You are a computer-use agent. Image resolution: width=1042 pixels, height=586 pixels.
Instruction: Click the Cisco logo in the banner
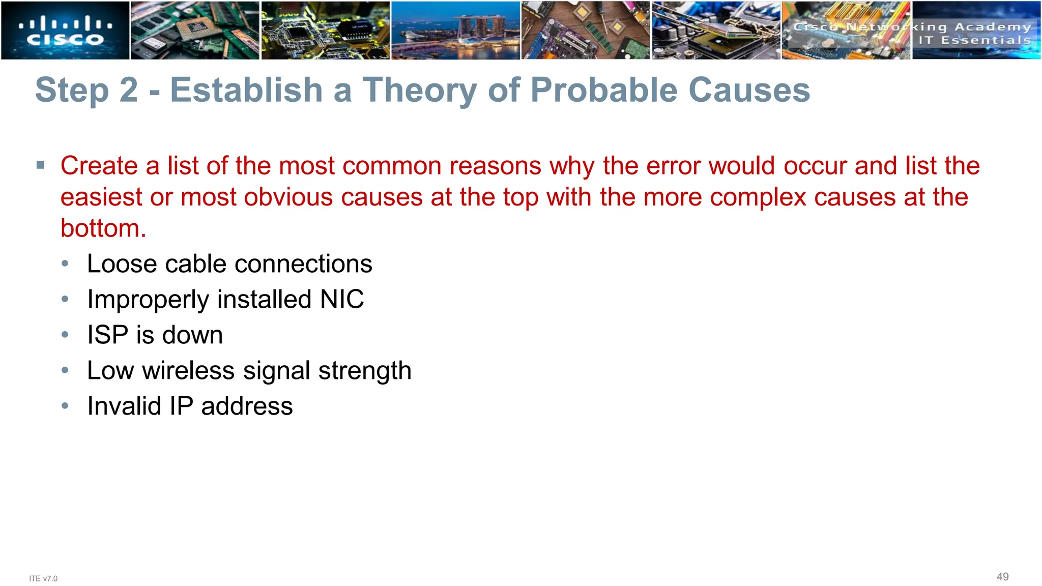click(65, 31)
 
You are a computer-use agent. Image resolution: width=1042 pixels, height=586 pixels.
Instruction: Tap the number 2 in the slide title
click(128, 90)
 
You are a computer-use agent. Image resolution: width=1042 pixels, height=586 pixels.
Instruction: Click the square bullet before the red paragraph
click(41, 165)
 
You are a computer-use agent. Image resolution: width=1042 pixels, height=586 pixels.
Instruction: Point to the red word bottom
click(103, 228)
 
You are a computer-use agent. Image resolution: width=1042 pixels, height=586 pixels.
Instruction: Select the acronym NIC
click(342, 299)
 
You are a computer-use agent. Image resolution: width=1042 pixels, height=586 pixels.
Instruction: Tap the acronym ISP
click(107, 335)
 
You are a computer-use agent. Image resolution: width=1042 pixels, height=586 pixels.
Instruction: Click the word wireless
click(188, 370)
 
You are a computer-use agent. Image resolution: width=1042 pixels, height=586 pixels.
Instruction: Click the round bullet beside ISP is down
click(65, 335)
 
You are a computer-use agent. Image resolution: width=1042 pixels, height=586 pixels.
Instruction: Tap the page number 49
click(1002, 576)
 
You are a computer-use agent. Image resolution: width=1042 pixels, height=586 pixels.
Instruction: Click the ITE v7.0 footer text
click(43, 578)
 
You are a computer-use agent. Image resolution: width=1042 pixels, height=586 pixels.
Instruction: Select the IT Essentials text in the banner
click(974, 40)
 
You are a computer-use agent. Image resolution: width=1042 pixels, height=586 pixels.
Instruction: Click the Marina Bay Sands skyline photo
click(455, 31)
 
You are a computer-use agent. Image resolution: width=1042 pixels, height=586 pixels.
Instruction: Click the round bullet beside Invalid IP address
click(65, 406)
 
